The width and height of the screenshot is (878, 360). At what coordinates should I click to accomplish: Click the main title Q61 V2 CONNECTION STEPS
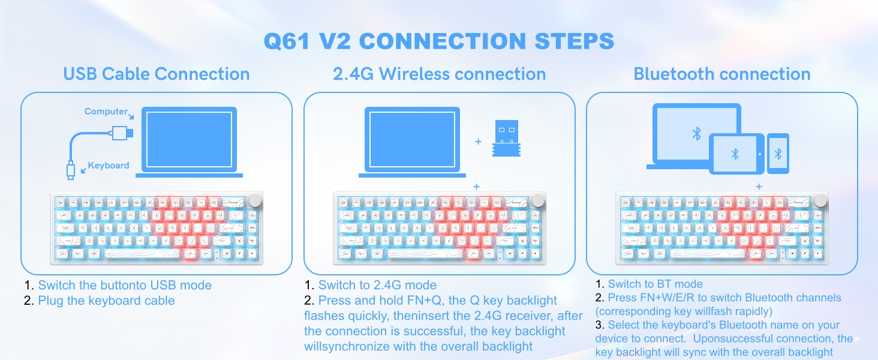coord(439,41)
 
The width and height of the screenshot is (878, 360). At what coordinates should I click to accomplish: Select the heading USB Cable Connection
coord(157,74)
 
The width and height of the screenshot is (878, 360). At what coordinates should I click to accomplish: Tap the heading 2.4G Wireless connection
coord(440,74)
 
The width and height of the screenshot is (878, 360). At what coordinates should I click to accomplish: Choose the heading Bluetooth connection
coord(722,74)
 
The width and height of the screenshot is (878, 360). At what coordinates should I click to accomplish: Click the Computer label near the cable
coord(106,112)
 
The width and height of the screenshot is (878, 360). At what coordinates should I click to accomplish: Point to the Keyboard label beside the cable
coord(109,166)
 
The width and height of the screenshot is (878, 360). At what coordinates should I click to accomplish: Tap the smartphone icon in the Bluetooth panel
coord(778,154)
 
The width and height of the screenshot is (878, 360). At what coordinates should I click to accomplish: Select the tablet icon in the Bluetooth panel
coord(736,154)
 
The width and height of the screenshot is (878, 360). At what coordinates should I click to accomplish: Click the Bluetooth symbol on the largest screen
coord(696,133)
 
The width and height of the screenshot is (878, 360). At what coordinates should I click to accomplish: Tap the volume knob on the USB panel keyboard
coord(256,200)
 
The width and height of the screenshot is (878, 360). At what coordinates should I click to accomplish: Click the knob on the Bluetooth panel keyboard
coord(821,200)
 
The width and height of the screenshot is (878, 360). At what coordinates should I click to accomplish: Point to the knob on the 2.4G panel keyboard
coord(538,200)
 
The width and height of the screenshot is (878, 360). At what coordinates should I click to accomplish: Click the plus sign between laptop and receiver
coord(479,142)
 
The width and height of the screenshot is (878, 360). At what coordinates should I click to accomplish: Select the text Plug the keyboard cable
coord(106,301)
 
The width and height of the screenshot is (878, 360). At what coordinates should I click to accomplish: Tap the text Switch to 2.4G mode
coord(377,285)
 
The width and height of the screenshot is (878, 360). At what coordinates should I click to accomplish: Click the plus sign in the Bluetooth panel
coord(759,187)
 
